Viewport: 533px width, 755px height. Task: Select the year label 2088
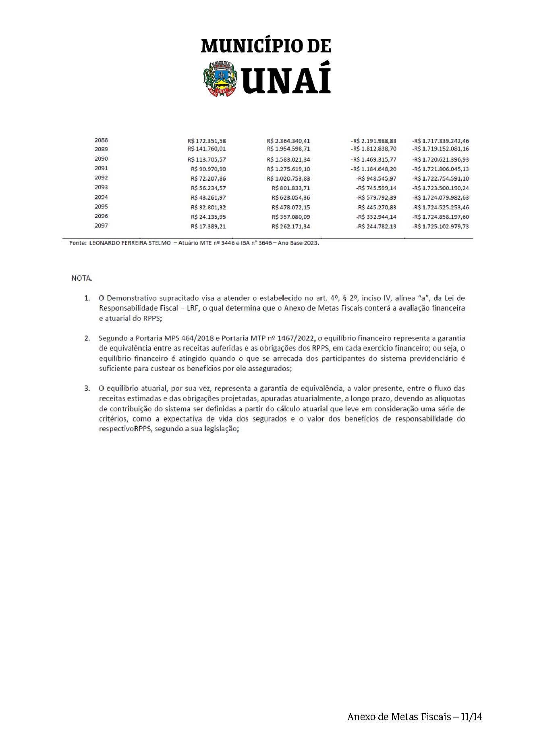pyautogui.click(x=101, y=140)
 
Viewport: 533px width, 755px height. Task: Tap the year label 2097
pyautogui.click(x=101, y=225)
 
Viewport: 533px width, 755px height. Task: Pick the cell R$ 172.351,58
pyautogui.click(x=207, y=141)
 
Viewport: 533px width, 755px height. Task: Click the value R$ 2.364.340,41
pyautogui.click(x=288, y=141)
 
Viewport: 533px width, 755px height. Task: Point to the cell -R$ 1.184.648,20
pyautogui.click(x=373, y=169)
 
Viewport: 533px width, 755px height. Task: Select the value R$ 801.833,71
pyautogui.click(x=291, y=188)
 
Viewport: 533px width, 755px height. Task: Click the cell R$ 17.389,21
pyautogui.click(x=208, y=227)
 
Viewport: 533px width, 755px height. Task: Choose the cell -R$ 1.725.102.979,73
pyautogui.click(x=440, y=227)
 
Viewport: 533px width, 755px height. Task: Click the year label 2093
pyautogui.click(x=101, y=187)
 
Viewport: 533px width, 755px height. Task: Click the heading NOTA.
pyautogui.click(x=82, y=278)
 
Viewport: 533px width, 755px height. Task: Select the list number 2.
pyautogui.click(x=87, y=338)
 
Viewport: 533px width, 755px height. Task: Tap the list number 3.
pyautogui.click(x=87, y=388)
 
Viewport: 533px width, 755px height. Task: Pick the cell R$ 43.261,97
pyautogui.click(x=208, y=198)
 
